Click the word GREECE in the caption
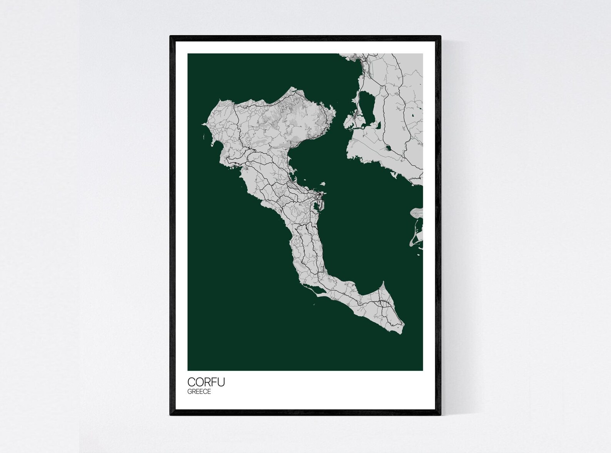point(199,392)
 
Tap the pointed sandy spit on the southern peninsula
point(383,285)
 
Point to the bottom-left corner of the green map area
point(188,370)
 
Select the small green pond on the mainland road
point(387,147)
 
